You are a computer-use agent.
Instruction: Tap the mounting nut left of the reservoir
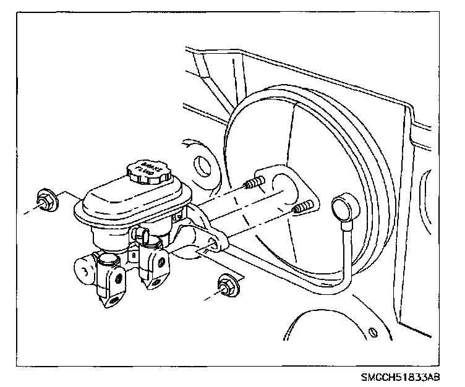[46, 200]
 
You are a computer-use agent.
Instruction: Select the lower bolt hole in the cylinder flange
[212, 246]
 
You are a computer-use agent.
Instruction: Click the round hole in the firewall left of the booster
[202, 166]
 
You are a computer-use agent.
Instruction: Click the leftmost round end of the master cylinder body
[82, 270]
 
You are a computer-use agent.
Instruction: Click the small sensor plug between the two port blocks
[141, 234]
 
